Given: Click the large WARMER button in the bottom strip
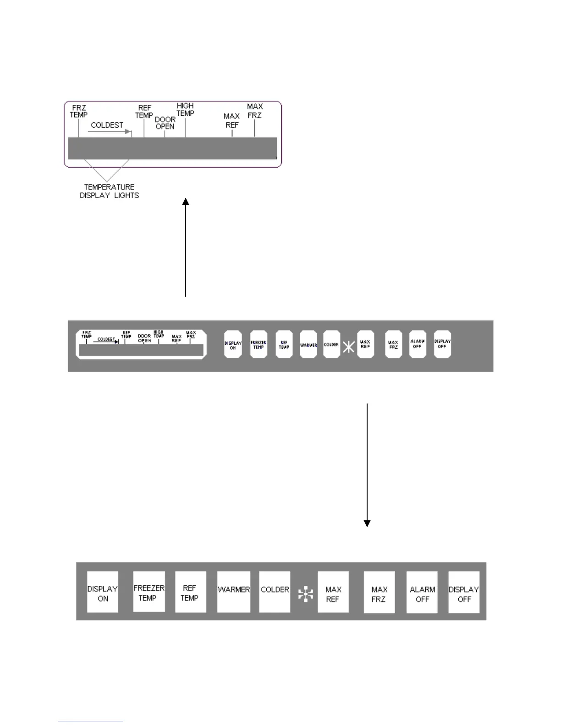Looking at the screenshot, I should coord(234,591).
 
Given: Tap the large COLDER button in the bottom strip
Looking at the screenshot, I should coord(275,591).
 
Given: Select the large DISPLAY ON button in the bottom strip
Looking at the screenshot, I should coord(103,592).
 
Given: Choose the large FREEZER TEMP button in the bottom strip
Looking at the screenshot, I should coord(148,591).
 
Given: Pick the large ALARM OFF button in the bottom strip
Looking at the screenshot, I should coord(422,592).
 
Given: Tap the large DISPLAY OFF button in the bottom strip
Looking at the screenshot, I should coord(464,592).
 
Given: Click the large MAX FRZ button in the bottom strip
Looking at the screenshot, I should coord(379,592).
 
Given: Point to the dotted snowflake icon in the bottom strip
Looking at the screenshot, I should coord(306,594).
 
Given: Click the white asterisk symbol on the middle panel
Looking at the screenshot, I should coord(349,347).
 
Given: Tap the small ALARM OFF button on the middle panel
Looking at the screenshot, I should coord(418,344).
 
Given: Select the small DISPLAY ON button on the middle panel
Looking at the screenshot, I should coord(233,345).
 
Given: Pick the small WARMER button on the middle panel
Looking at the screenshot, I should coord(308,345).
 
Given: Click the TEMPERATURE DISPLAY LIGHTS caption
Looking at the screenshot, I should coord(109,191).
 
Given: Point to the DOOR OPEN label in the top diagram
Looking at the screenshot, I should coord(165,123).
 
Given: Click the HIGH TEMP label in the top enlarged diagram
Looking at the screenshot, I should coord(185,109).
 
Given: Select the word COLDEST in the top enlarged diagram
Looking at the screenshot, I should coord(107,125).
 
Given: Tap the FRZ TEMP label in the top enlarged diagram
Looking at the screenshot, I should coord(78,111).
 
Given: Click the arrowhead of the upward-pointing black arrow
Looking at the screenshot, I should coord(186,201).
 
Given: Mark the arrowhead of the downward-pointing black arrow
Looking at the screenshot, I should coord(367,524).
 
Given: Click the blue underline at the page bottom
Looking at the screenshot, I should coord(91,721).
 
